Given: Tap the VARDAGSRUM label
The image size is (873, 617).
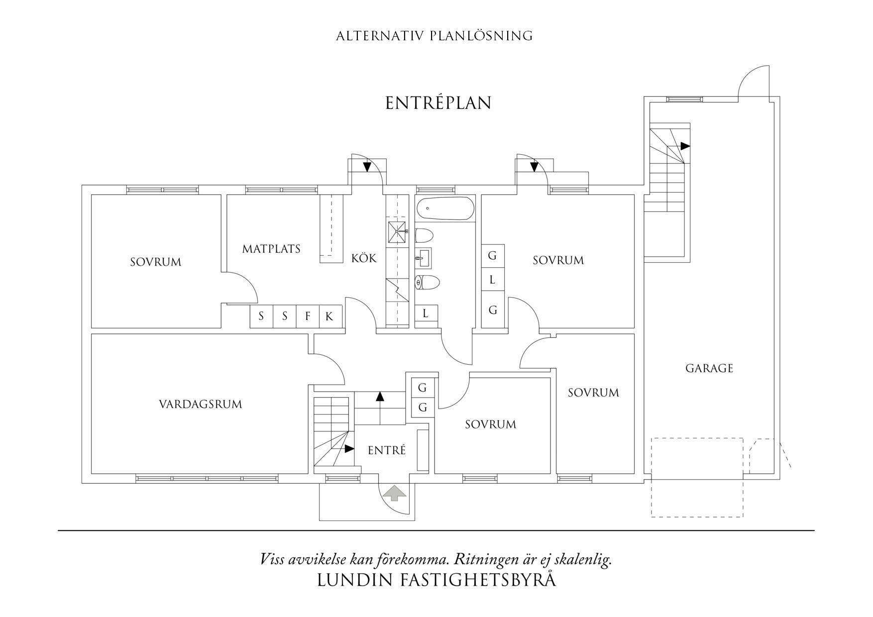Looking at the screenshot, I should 200,404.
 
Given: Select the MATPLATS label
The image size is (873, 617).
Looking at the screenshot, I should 271,249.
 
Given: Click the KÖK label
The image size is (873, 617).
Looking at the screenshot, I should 364,258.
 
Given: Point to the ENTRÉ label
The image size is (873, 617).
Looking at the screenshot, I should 387,450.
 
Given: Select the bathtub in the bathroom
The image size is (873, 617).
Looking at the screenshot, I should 445,209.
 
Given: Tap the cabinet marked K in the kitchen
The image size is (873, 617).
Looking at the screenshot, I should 329,316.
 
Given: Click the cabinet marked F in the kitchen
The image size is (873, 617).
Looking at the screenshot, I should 308,316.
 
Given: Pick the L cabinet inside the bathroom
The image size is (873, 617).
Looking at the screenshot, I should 426,314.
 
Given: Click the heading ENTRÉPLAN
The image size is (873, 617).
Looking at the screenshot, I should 438,103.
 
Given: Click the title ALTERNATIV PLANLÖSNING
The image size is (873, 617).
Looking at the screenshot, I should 434,36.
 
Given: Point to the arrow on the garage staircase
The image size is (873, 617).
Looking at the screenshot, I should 685,146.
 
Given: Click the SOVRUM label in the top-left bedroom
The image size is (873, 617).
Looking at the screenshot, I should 155,262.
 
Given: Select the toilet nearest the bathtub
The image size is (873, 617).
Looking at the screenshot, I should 425,235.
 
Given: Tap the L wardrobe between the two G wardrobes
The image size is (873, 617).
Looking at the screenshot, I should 492,281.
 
